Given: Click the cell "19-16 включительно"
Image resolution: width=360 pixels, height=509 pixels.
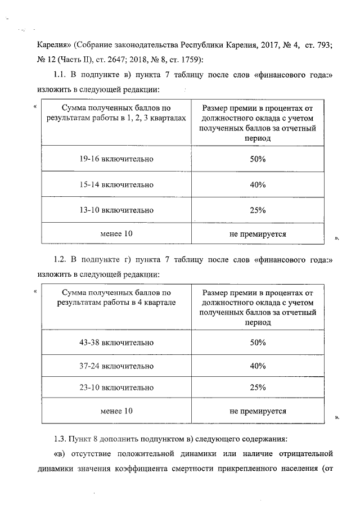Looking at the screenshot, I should (x=116, y=159).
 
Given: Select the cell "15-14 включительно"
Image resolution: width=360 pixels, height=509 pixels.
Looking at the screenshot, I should (x=116, y=184).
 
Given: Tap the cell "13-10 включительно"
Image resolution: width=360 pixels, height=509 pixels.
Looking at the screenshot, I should (x=116, y=210).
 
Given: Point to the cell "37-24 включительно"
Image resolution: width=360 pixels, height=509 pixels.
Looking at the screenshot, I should (x=116, y=366).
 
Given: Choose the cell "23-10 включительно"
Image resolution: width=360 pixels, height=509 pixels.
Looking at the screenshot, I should (x=116, y=388).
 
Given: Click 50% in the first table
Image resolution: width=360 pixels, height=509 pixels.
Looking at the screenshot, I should (x=258, y=159).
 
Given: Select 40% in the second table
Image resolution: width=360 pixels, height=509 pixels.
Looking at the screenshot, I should (x=258, y=366).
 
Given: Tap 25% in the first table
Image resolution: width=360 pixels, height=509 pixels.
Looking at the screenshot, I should (x=258, y=210).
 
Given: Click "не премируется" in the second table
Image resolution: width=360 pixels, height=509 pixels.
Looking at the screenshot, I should (x=258, y=411).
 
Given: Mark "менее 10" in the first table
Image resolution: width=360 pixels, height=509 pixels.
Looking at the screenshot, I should (x=116, y=233).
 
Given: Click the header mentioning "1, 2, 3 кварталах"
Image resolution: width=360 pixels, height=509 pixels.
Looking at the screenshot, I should (x=116, y=112).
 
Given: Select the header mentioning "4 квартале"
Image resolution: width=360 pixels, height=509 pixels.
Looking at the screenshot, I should (x=116, y=298).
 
